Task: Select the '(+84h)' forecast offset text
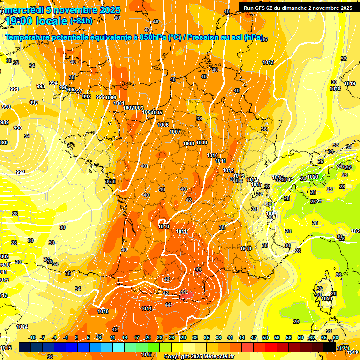click(81, 21)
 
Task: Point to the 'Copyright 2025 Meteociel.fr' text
click(199, 356)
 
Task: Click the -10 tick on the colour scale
click(32, 337)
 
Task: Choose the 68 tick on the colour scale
click(336, 337)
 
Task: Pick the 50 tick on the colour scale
click(265, 337)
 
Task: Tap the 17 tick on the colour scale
click(136, 337)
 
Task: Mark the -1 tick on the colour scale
click(66, 337)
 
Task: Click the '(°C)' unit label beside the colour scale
click(345, 348)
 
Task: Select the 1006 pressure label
click(163, 125)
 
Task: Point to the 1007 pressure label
click(175, 132)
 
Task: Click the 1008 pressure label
click(188, 143)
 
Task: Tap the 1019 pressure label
click(350, 83)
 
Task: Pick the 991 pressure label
click(15, 89)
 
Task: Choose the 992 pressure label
click(34, 103)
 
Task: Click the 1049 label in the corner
click(353, 352)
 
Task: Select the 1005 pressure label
click(157, 112)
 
